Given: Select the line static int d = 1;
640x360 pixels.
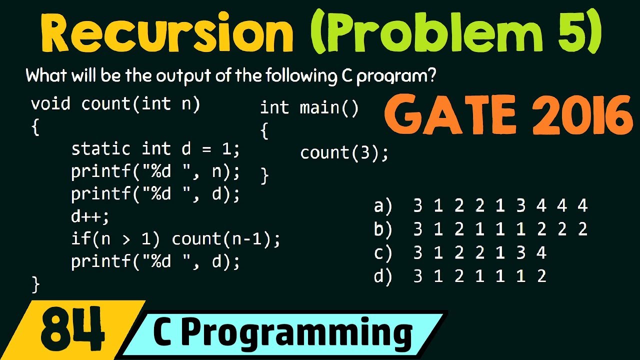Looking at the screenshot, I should [x=155, y=148].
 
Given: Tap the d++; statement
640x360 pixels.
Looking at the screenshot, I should [x=90, y=216].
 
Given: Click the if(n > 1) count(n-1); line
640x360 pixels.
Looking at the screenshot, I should [x=175, y=239].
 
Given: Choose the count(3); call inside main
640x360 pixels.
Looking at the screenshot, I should [x=344, y=152].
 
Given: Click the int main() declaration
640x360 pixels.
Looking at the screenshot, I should [x=309, y=108].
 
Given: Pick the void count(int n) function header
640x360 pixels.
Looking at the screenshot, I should [x=115, y=104].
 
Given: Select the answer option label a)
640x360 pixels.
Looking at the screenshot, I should [x=383, y=205].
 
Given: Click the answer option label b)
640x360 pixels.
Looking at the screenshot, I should [x=383, y=229].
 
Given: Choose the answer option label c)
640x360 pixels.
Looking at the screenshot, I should [x=383, y=252].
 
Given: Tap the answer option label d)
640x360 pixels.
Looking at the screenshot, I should [x=383, y=276].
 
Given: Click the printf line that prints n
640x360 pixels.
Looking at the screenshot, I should [x=155, y=171].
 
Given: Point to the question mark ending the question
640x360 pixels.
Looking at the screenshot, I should [x=431, y=76].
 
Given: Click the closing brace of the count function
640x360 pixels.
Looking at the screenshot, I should [x=35, y=284].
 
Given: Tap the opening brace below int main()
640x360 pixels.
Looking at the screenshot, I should [x=264, y=131].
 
